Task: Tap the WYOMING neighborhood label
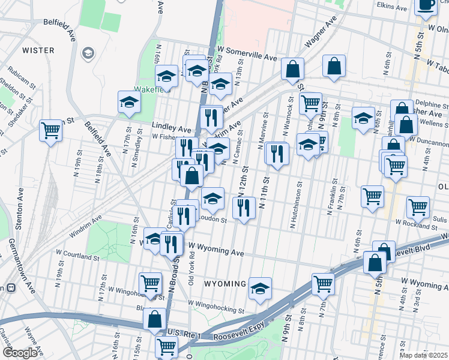pyautogui.click(x=225, y=283)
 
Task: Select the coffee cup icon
pyautogui.click(x=426, y=5)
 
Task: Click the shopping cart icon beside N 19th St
pyautogui.click(x=51, y=130)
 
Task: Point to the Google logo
pyautogui.click(x=20, y=353)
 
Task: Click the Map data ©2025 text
pyautogui.click(x=424, y=355)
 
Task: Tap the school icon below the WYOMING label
pyautogui.click(x=260, y=288)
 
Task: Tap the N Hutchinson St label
pyautogui.click(x=295, y=207)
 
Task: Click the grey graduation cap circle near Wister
pyautogui.click(x=88, y=54)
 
